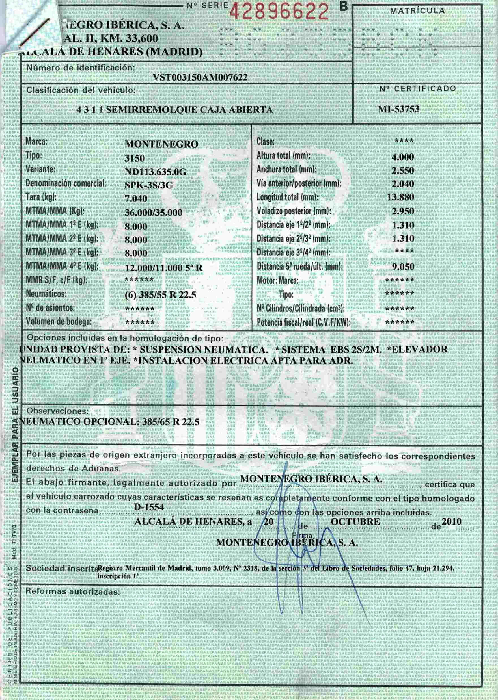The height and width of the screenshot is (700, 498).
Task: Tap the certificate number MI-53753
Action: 399,109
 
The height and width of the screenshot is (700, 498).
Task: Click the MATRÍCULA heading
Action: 417,11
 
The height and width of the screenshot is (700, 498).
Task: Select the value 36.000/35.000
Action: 153,213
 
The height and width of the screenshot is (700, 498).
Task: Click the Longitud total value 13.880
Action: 400,197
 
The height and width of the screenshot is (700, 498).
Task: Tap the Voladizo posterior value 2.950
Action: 403,211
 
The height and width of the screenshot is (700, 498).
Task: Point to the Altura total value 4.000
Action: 403,157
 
